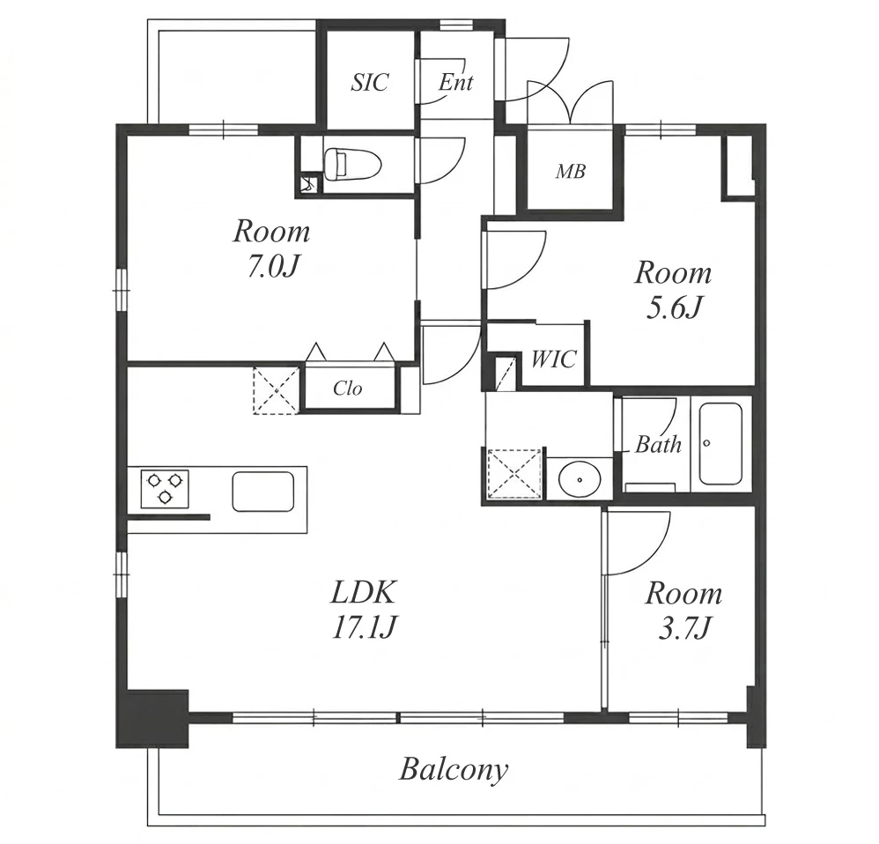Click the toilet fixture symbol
pos(352,165)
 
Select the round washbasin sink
pos(580,479)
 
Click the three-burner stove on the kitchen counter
pos(164,488)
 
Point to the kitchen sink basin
pos(263,492)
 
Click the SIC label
pos(369,83)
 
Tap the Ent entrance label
pos(455,83)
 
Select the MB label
pos(571,171)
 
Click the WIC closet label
pos(553,359)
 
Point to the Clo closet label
pos(348,388)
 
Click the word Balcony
pos(454,770)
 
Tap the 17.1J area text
pos(365,627)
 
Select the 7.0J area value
pos(271,267)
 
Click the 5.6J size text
pos(674,307)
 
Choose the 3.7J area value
pos(684,627)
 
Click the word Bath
pos(658,445)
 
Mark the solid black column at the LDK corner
pos(151,718)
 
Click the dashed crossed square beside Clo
pos(276,390)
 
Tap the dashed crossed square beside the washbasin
pos(515,473)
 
